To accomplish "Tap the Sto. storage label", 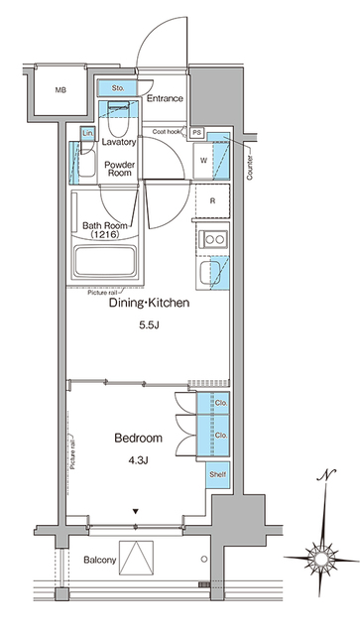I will tap(116, 89).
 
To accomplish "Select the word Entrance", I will tap(166, 98).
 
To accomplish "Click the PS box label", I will tap(197, 132).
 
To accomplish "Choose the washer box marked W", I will tap(204, 160).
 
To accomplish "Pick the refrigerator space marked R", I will tap(212, 200).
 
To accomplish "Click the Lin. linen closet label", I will tap(87, 133).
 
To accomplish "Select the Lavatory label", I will tap(120, 142).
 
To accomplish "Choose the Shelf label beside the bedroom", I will tap(218, 474).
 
